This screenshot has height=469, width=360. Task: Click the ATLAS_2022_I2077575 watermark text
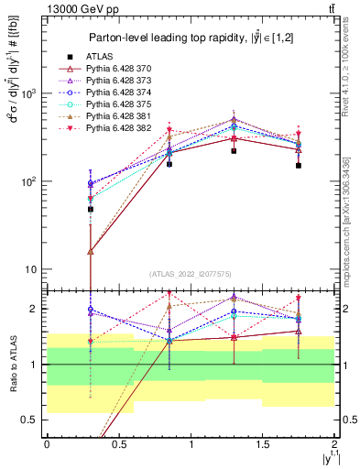[190, 274]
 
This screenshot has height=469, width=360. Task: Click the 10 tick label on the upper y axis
[29, 269]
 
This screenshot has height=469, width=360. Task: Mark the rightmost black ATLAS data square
[299, 166]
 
